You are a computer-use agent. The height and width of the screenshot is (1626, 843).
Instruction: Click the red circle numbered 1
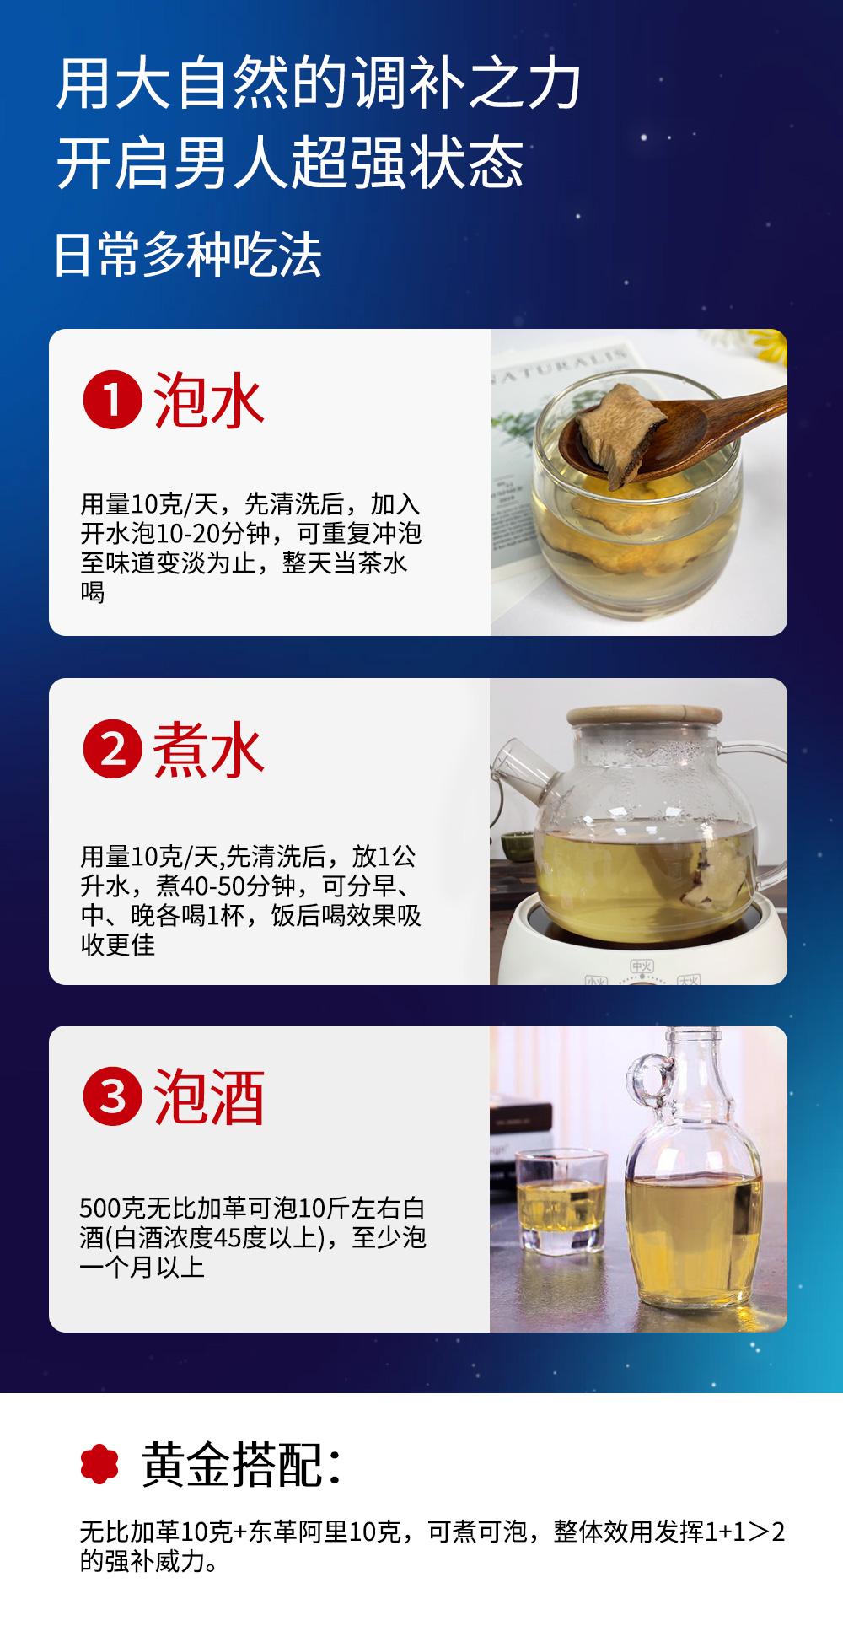coord(112,400)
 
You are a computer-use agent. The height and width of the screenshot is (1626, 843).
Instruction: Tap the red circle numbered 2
coord(112,749)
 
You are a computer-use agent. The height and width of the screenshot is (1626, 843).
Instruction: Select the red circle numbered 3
coord(112,1096)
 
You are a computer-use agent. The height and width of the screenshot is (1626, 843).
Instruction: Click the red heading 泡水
coord(209,401)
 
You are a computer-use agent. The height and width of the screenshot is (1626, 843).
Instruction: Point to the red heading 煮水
coord(209,750)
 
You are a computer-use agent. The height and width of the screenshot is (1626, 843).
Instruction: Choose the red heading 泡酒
coord(209,1097)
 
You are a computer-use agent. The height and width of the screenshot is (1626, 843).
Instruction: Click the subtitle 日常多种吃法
coord(188,255)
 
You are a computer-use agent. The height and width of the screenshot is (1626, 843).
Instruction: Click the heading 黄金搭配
coord(242,1464)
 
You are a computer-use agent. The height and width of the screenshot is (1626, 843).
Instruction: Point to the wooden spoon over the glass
coord(674,430)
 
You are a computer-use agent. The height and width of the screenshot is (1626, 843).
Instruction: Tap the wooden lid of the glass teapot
coord(645,715)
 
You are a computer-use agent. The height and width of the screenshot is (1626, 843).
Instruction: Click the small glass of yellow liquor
coord(561,1201)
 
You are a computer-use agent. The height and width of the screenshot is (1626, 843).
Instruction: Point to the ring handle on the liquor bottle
coord(650,1080)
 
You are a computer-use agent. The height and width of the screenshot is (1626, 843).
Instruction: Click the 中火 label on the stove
coord(642,966)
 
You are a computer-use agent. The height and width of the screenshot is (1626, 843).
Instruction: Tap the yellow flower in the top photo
coord(769,345)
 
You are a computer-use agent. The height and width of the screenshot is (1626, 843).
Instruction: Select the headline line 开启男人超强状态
coord(291,163)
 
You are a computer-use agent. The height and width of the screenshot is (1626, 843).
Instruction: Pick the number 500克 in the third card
coord(113,1208)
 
